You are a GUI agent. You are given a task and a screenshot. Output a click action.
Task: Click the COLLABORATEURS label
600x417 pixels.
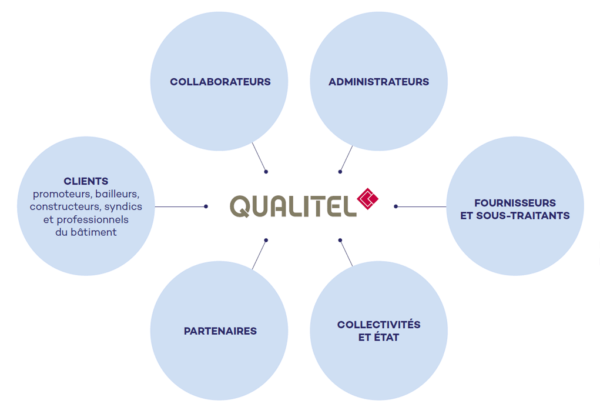click(220, 82)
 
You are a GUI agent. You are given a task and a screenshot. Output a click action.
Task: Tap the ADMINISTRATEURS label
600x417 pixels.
click(379, 82)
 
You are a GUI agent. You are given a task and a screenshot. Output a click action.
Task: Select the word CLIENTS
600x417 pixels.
click(86, 181)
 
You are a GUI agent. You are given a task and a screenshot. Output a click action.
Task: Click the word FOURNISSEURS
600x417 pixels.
click(515, 203)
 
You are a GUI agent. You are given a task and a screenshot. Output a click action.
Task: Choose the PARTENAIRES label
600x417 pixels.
click(220, 331)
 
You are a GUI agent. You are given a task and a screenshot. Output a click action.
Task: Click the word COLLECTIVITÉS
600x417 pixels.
click(379, 325)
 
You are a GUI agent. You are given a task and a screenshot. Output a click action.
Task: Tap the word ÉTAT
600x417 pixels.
click(386, 338)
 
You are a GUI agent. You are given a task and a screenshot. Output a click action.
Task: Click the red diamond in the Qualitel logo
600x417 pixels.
click(368, 199)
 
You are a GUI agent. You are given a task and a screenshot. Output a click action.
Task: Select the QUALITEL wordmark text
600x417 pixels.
click(293, 206)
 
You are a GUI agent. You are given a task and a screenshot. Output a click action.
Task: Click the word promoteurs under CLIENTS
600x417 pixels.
click(62, 195)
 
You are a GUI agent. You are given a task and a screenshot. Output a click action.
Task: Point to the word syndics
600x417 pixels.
click(123, 207)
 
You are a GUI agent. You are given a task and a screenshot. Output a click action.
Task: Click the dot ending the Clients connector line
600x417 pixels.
click(206, 206)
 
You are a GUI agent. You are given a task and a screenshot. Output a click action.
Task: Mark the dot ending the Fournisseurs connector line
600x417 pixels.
click(395, 206)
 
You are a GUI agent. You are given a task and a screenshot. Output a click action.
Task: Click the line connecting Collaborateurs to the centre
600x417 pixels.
click(259, 158)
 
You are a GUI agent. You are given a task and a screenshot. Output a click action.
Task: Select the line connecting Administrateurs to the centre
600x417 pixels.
click(346, 159)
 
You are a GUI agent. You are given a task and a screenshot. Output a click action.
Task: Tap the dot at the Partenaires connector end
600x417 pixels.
click(266, 241)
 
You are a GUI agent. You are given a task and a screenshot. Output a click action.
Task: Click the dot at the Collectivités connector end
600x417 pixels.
click(340, 241)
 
